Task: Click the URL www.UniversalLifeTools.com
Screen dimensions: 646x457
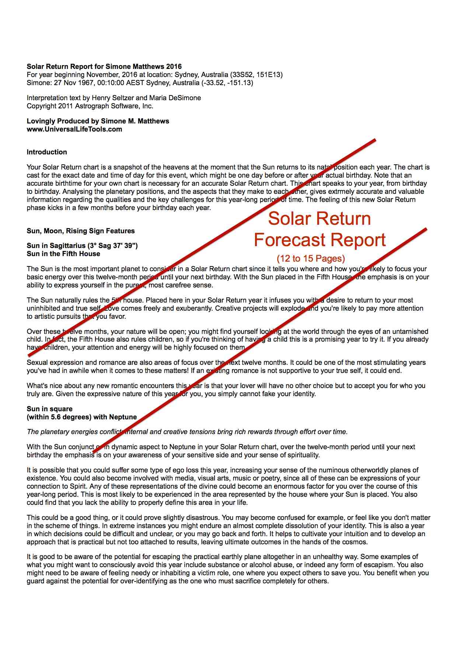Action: click(74, 129)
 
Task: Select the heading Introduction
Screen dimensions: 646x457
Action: click(47, 152)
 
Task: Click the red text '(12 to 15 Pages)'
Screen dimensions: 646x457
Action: click(311, 259)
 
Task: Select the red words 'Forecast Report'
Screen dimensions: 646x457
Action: click(320, 240)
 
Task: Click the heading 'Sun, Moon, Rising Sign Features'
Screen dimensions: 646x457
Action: click(81, 231)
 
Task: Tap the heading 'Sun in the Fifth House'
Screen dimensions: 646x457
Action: click(63, 254)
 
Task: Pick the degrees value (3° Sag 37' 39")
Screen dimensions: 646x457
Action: click(112, 246)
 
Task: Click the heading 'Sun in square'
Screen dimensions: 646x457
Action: click(49, 409)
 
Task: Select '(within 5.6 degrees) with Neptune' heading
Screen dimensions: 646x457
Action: click(81, 417)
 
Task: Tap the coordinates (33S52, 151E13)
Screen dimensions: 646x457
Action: click(256, 75)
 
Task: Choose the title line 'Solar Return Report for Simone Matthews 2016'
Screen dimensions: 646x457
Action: click(104, 67)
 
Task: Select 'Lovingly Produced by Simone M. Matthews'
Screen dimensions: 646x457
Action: click(98, 121)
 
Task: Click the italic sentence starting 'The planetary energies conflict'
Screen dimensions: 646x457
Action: click(187, 432)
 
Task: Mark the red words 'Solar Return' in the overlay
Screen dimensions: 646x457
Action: click(319, 219)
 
